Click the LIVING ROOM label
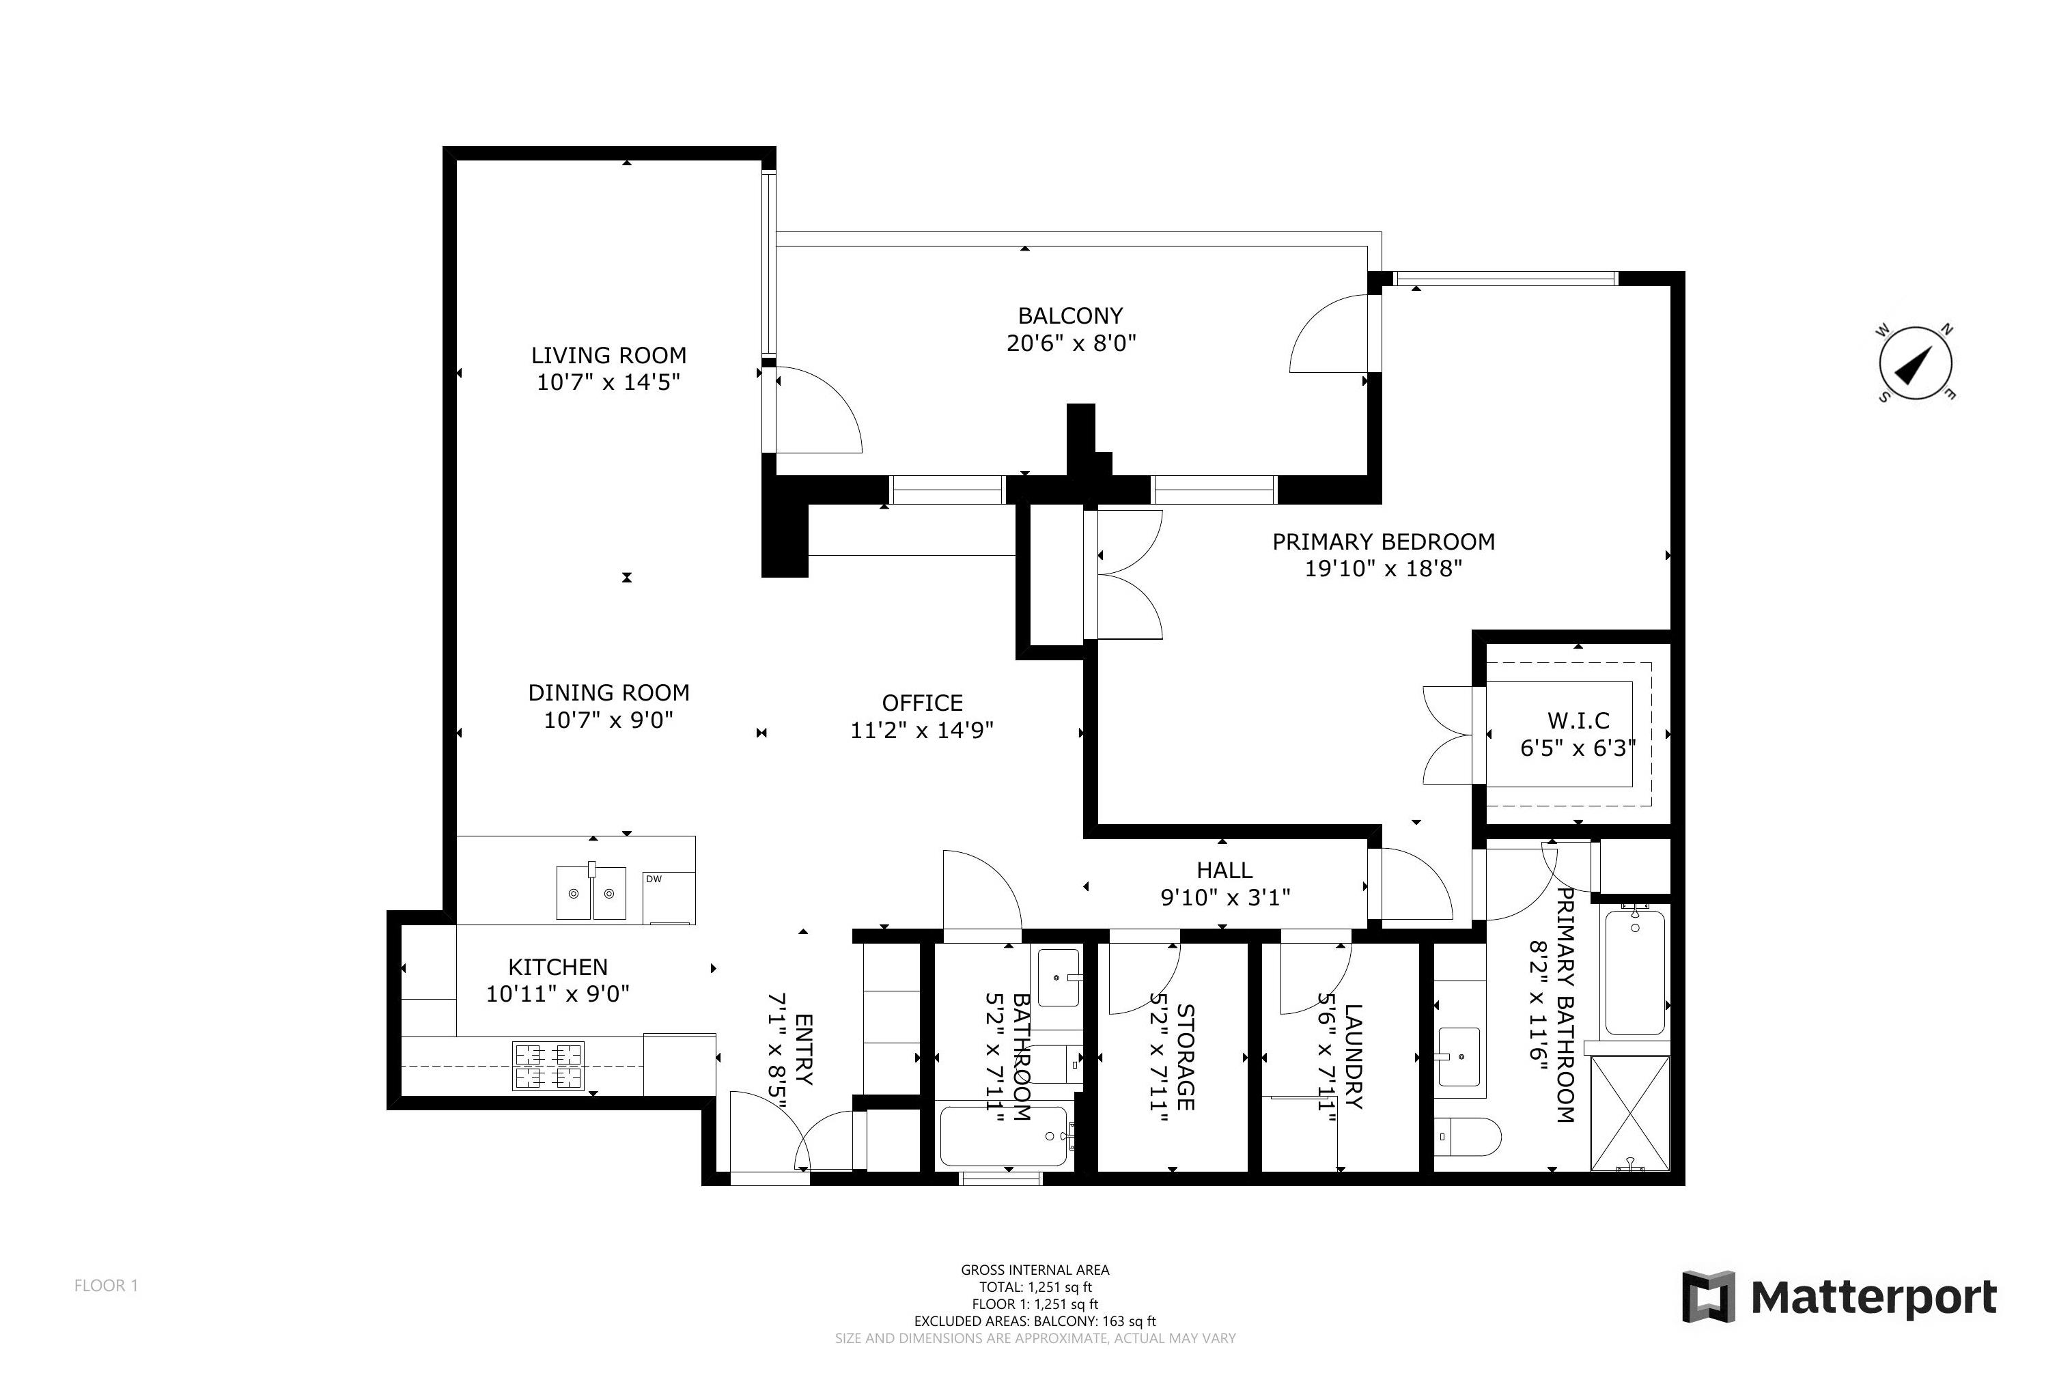tap(608, 355)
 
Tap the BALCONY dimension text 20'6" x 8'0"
tap(1071, 343)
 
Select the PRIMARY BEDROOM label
tap(1383, 541)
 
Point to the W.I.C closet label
tap(1578, 721)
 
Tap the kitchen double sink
tap(591, 892)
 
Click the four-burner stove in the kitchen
tap(548, 1066)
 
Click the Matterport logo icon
tap(1708, 1297)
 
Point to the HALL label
tap(1224, 870)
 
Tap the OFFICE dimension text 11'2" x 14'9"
tap(922, 731)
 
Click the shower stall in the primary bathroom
tap(1629, 1113)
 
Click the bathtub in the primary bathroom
tap(1635, 970)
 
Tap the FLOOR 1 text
tap(106, 1286)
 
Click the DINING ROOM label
tap(608, 693)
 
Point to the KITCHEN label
tap(558, 967)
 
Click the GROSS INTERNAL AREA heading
tap(1035, 1270)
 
